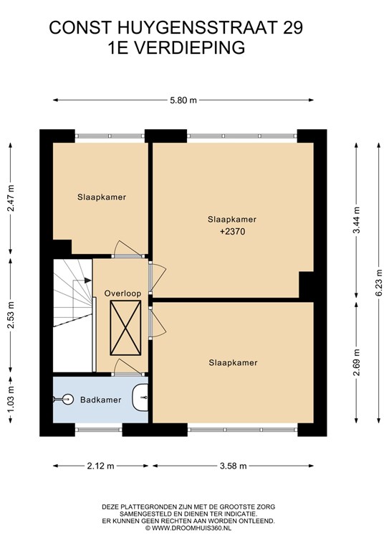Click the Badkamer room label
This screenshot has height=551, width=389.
point(100,400)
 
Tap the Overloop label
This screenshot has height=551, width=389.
point(121,293)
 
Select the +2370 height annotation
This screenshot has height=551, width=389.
point(231,232)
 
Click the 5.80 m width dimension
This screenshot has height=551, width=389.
point(183,100)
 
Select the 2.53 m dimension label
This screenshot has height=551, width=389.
point(11,316)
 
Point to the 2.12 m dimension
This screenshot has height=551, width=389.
point(101,466)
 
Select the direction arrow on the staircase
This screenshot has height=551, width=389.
point(86,280)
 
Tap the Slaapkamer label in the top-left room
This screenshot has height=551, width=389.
point(102,197)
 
